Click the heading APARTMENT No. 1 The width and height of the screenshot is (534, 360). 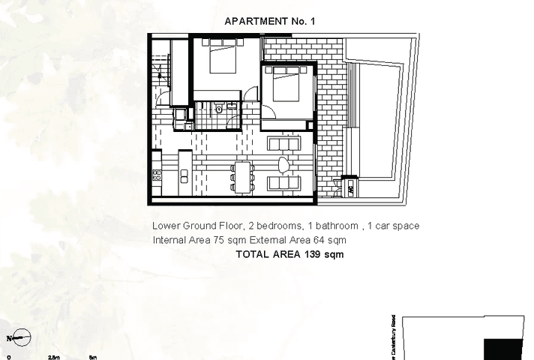tap(270, 21)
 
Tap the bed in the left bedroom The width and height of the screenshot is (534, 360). tap(222, 58)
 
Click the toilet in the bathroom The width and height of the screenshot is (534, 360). tap(219, 110)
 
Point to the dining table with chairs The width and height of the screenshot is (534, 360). tap(240, 177)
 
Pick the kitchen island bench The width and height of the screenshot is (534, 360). tap(184, 177)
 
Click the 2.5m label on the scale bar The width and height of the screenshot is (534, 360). tap(54, 358)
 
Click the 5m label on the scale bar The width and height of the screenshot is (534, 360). tap(92, 358)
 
